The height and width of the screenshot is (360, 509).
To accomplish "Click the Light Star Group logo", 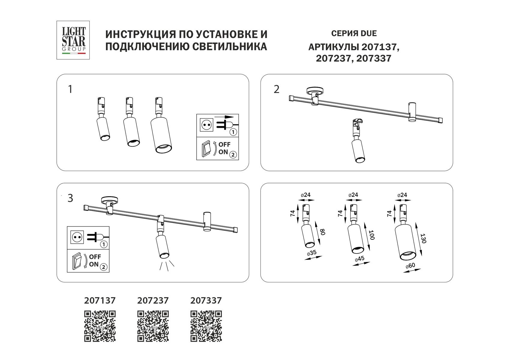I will (x=73, y=40).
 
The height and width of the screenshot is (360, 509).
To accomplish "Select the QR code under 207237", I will (x=153, y=326).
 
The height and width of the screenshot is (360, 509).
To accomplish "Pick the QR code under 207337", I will (x=206, y=326).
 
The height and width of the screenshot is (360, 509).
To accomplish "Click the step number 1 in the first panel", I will (x=70, y=89).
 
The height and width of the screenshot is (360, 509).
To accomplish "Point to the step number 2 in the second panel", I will (x=276, y=89).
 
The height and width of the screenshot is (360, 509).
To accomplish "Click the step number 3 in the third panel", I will (x=70, y=198).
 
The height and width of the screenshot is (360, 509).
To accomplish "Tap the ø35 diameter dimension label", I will (x=312, y=253).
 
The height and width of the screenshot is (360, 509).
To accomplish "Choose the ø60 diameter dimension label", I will (x=410, y=266).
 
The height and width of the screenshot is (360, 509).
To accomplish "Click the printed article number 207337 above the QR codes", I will (x=206, y=300).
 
